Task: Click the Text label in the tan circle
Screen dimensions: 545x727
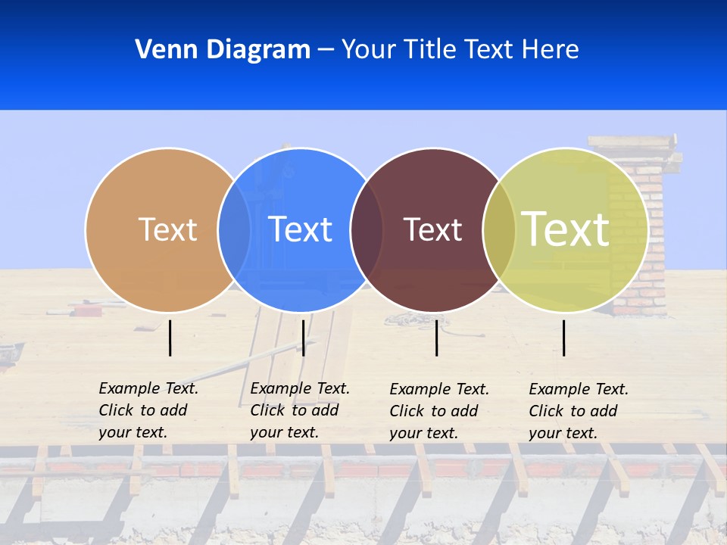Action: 167,229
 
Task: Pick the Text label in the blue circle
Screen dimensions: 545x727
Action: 300,229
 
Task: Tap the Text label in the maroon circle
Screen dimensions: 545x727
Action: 432,229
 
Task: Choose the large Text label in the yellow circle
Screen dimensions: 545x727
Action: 566,229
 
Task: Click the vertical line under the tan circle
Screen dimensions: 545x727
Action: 170,338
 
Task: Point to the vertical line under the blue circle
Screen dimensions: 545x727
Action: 303,338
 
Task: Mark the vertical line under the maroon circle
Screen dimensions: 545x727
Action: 437,338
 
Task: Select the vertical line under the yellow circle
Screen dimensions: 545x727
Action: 564,338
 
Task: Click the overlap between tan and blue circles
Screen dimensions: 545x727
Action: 234,229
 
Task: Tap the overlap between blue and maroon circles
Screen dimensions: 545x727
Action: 367,229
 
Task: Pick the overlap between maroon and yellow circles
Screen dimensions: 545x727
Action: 499,229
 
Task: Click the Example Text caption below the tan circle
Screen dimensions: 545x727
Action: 148,410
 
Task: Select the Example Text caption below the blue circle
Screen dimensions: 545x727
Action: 299,410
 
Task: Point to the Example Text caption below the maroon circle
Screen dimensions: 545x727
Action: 438,411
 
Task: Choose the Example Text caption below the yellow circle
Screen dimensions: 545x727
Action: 578,411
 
